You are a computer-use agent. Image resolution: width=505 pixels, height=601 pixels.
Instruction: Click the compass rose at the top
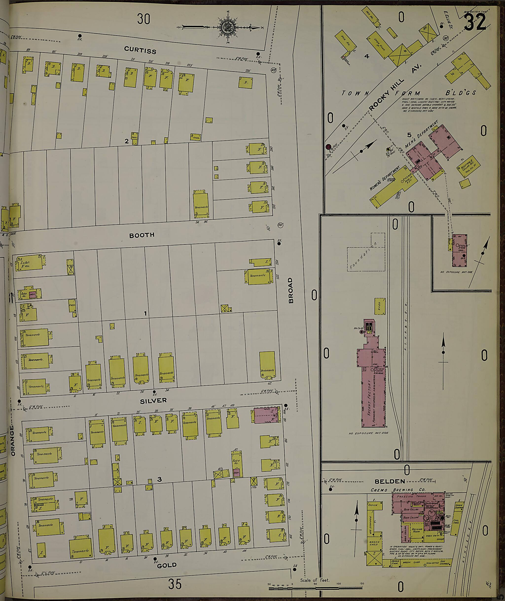228,27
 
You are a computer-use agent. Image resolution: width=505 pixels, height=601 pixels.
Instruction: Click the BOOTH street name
142,235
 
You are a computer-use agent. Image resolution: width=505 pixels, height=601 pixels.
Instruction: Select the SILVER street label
153,401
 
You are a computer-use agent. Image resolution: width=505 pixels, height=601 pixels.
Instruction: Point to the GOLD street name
167,565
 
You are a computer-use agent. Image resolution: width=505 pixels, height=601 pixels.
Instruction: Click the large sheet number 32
475,22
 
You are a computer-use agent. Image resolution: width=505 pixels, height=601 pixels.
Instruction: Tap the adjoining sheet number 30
144,19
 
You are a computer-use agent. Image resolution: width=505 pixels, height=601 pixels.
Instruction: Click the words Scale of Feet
315,580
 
